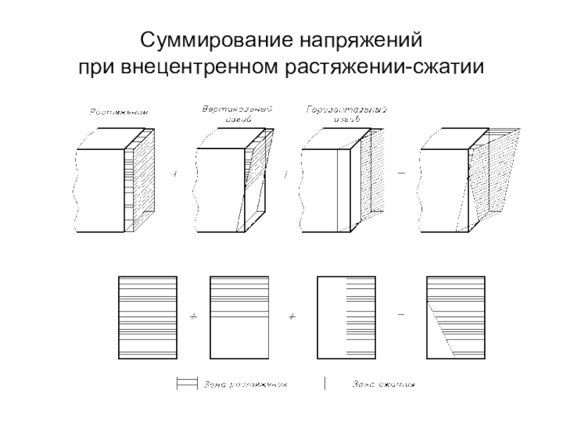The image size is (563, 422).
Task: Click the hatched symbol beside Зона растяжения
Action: tap(185, 384)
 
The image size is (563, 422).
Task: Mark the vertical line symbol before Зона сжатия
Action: tap(324, 384)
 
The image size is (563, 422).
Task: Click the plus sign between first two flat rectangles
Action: tap(194, 317)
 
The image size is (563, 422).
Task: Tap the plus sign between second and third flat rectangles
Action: tap(292, 317)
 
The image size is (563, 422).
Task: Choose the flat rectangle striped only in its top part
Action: tap(240, 316)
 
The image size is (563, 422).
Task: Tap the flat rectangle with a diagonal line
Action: tap(455, 316)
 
